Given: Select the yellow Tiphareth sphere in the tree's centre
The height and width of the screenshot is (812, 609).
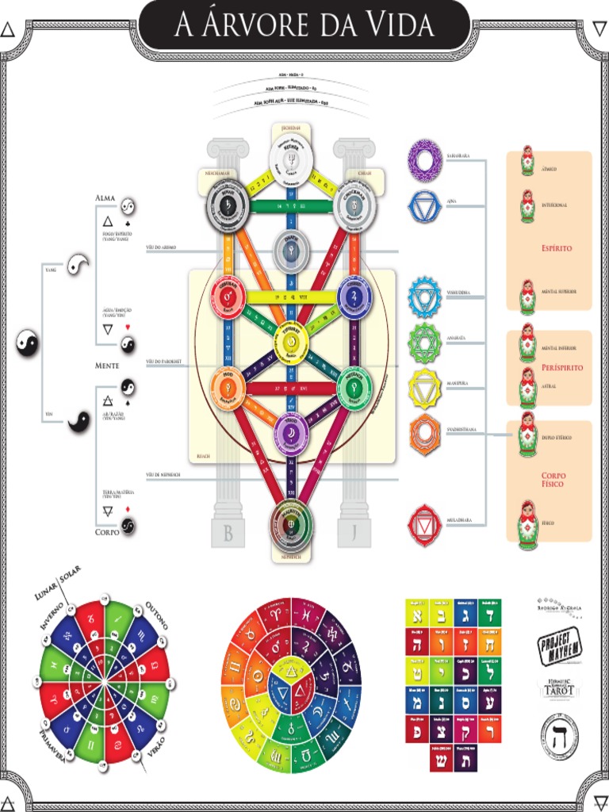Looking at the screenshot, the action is pos(291,343).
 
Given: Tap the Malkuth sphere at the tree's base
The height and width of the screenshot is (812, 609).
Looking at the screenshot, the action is pos(291,524).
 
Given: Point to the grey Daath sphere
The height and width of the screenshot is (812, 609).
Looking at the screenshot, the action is pos(291,251).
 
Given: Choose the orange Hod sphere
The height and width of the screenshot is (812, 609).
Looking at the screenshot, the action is pos(228,387).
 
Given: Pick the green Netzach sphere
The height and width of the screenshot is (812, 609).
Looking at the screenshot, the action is pos(354,387).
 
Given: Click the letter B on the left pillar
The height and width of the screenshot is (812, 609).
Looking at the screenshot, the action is pos(228,533).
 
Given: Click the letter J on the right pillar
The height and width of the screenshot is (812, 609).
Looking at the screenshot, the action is pos(354,533).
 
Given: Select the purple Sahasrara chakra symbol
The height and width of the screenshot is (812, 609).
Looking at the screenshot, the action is pos(424,161).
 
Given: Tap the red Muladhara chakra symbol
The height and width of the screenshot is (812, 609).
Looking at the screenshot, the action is pos(424,525).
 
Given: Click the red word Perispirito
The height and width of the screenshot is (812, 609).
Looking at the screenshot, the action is pos(562,368).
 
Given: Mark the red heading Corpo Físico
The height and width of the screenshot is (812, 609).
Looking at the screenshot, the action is pos(553,479).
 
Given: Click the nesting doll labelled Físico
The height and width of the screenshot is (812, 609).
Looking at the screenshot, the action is pos(527,523).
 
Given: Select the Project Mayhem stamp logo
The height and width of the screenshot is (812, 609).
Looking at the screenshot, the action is pos(560,644).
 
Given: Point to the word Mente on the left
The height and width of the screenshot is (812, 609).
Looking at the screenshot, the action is pos(107,366).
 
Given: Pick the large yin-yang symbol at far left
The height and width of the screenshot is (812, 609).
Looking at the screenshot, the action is pos(28,343).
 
